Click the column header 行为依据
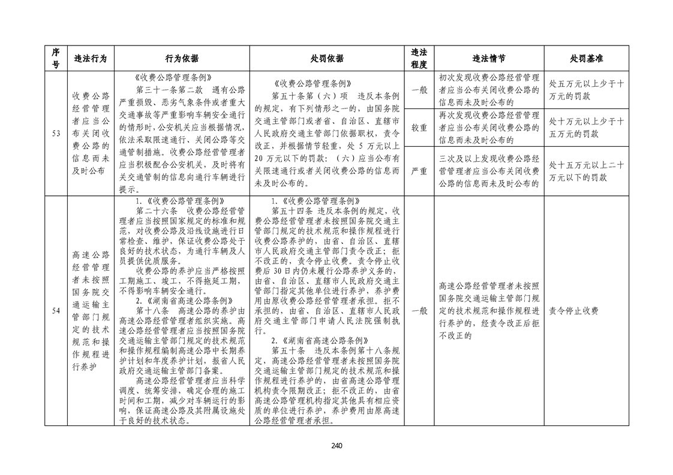click(182, 59)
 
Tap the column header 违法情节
click(488, 59)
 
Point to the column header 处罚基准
click(586, 59)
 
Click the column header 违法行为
click(90, 59)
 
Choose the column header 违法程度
click(419, 59)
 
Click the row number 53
click(55, 133)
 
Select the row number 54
click(55, 311)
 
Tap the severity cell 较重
click(419, 128)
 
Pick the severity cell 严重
click(419, 171)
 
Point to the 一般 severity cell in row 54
click(419, 311)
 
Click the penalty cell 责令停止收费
click(574, 311)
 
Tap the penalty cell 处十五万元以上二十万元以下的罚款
click(586, 171)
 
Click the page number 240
click(336, 445)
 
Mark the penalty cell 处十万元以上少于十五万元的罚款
click(586, 128)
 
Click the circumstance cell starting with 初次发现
click(488, 90)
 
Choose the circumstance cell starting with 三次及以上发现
click(488, 171)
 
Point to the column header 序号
click(55, 59)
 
